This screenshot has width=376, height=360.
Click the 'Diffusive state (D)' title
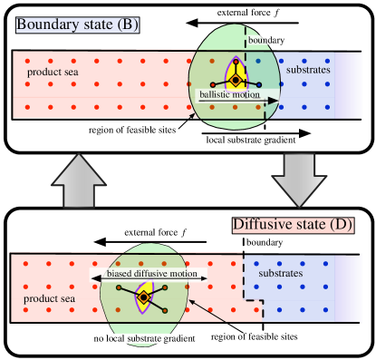point(293,225)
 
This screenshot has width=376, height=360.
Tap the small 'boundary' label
point(265,40)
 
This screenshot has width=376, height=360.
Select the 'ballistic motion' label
point(229,94)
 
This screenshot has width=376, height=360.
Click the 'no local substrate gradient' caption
point(145,339)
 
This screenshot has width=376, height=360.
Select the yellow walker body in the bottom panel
point(143,297)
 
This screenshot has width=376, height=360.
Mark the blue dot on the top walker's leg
point(257,62)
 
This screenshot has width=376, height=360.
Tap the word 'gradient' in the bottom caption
point(179,339)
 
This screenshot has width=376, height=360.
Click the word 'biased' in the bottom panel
point(121,274)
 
